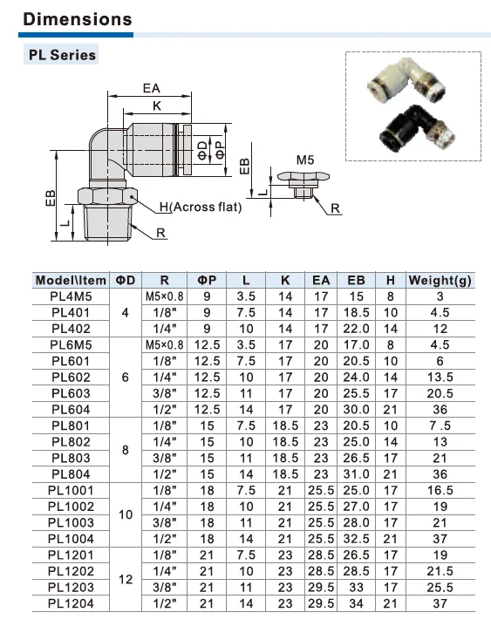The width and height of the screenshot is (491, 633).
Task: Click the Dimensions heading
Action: [x=78, y=19]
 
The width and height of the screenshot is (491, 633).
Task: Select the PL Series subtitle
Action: [x=62, y=55]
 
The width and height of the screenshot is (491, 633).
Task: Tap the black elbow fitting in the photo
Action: [x=416, y=127]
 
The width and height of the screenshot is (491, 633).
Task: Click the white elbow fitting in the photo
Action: [x=406, y=81]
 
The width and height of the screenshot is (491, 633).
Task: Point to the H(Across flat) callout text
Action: [x=201, y=207]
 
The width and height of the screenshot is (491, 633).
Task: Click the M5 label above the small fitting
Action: [x=305, y=160]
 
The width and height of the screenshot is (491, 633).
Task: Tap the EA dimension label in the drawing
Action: [x=152, y=88]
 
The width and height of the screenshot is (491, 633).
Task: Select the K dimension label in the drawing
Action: [x=157, y=105]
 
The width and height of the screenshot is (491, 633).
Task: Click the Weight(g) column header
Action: [x=440, y=280]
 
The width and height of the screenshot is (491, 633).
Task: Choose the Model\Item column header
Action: [x=71, y=280]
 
